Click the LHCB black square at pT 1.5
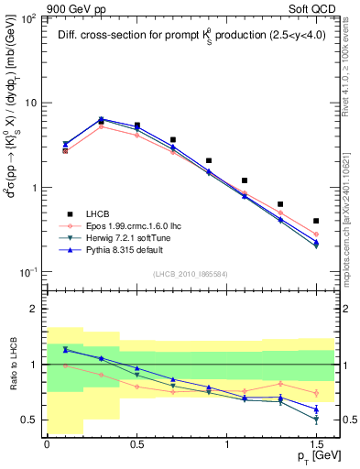(316, 221)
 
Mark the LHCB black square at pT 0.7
(172, 140)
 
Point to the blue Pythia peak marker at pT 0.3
(101, 119)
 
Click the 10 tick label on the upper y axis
(31, 103)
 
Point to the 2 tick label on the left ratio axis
(34, 309)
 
